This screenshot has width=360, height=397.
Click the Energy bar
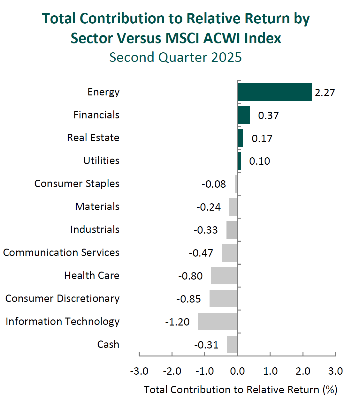point(275,92)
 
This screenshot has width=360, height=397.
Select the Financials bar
point(244,115)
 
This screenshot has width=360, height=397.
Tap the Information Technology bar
point(218,321)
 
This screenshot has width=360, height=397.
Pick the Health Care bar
point(224,275)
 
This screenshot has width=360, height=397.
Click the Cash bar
point(232,344)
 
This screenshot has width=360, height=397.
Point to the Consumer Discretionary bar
point(223,298)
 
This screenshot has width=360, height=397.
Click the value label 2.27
point(325,93)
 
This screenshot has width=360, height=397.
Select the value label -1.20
point(177,322)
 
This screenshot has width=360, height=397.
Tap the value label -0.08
point(214,184)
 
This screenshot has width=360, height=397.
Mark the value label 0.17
point(262,139)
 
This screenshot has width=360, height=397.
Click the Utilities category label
point(101,161)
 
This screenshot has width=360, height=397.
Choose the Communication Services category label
point(61,252)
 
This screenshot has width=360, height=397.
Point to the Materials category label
point(97,206)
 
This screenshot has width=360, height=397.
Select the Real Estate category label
point(93,138)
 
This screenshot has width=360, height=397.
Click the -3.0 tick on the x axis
point(139,371)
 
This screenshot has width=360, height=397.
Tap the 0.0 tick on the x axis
point(237,371)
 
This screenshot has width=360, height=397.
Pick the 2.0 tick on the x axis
point(303,371)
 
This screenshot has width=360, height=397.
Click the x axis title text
point(240,390)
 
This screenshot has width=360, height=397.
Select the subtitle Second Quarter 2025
point(175,57)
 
